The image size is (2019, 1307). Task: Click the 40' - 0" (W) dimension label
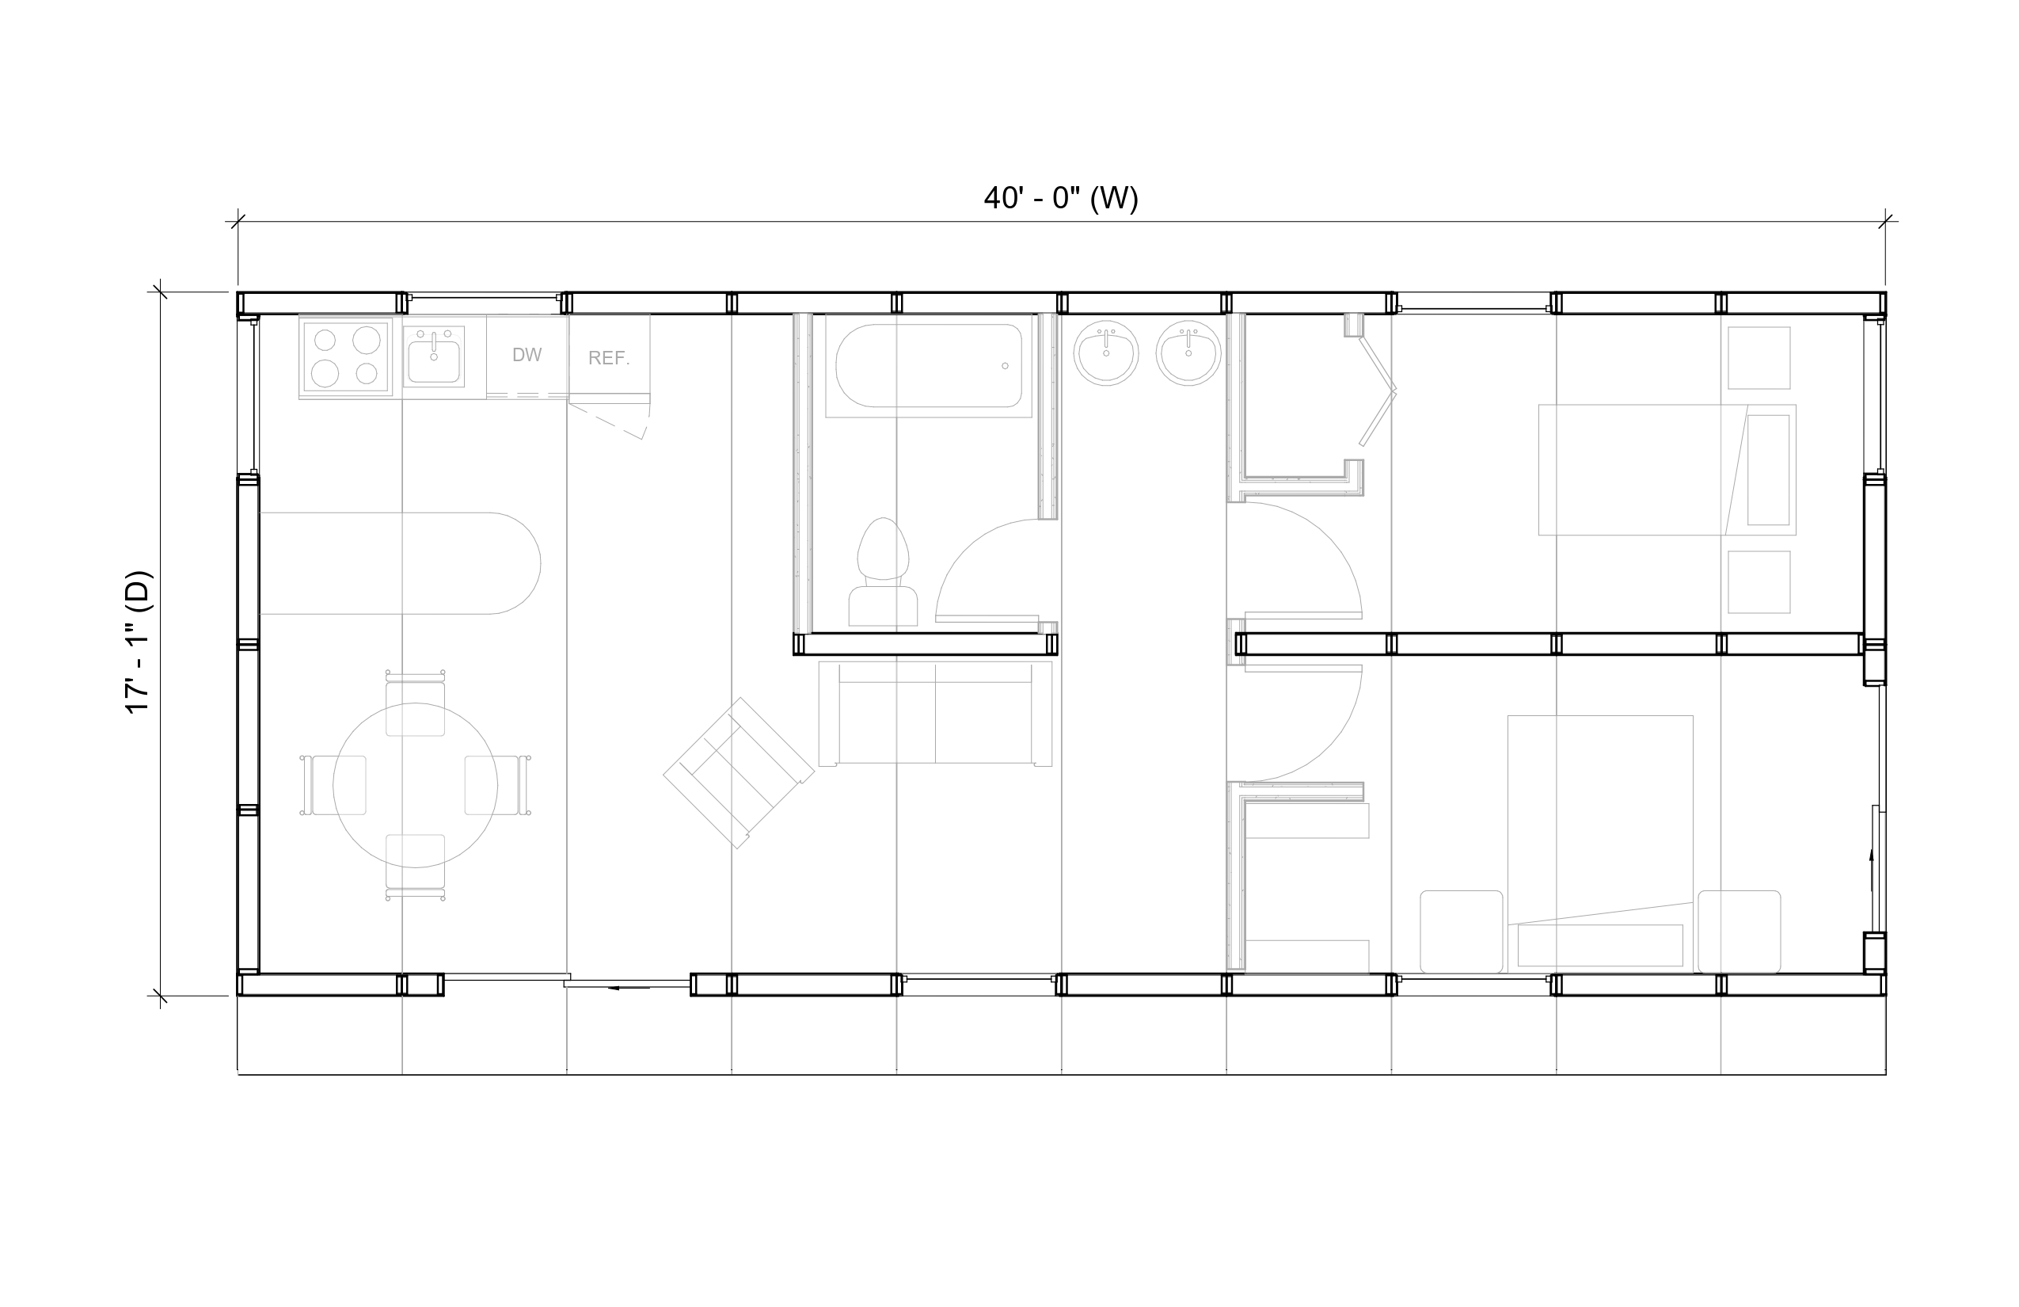pos(1060,198)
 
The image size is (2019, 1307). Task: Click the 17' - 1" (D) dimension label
pos(139,642)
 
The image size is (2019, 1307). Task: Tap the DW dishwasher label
pos(527,355)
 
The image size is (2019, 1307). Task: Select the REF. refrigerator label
pos(609,357)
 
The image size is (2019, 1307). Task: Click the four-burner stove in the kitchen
pos(346,357)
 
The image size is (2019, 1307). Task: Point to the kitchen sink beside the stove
pos(434,356)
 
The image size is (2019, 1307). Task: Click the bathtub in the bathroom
pos(929,366)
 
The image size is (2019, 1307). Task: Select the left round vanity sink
pos(1106,354)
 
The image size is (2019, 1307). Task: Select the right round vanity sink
pos(1188,354)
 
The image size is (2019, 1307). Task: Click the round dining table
pos(415,785)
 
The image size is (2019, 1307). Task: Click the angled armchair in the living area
pos(738,772)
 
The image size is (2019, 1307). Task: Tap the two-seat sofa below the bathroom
pos(935,714)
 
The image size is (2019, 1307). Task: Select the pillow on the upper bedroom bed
pos(1768,469)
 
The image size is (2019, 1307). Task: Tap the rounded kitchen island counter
pos(400,562)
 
